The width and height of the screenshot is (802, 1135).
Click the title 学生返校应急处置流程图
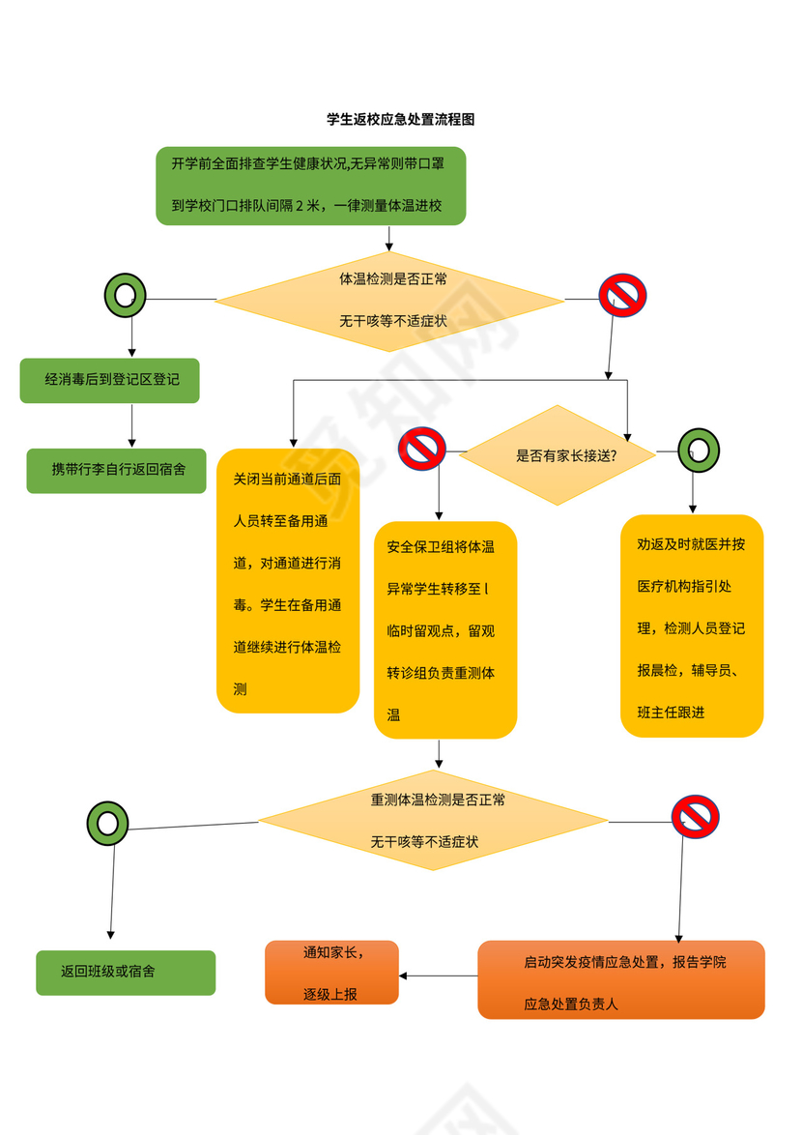pos(400,120)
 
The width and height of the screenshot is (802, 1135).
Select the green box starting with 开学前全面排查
pos(310,186)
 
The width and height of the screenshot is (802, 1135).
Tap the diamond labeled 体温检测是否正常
pos(389,301)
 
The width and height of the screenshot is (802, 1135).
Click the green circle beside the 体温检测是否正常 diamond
pos(125,296)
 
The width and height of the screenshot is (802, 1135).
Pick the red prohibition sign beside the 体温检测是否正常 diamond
pos(622,296)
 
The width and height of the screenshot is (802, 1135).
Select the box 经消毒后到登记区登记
pos(111,380)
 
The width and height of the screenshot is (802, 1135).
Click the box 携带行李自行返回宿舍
pos(116,470)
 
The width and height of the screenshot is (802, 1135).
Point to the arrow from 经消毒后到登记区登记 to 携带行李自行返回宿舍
pos(132,425)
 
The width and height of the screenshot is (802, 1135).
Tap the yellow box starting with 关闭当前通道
pos(287,580)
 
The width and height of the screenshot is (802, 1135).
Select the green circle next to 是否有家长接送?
pos(699,450)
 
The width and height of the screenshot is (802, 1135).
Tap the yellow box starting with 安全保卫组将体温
pos(444,629)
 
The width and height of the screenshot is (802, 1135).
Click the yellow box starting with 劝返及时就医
pos(691,626)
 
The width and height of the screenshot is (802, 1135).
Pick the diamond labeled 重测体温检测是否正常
pos(433,821)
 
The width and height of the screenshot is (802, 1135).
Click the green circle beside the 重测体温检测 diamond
pos(107,823)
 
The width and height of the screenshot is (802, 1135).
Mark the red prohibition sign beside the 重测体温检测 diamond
pos(695,817)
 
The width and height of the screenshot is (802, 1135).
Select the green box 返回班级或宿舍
pos(126,972)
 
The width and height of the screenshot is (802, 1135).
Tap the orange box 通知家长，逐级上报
pos(331,973)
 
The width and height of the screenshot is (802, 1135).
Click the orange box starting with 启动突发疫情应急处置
pos(620,979)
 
